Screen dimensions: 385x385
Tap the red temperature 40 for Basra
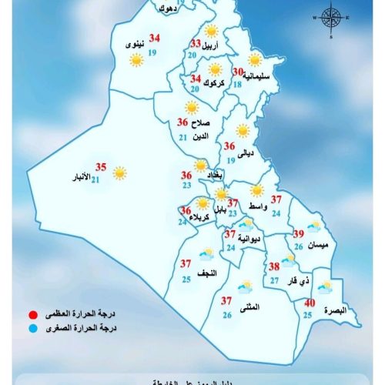coord(309,303)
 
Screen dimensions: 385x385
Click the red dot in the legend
coord(33,315)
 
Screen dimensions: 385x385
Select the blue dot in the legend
coord(33,328)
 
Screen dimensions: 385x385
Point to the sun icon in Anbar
coord(120,174)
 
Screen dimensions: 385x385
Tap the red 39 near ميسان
coord(300,235)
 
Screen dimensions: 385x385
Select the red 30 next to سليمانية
coord(238,72)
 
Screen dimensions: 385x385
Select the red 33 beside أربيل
coord(196,44)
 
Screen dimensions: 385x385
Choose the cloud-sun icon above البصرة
coord(325,287)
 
